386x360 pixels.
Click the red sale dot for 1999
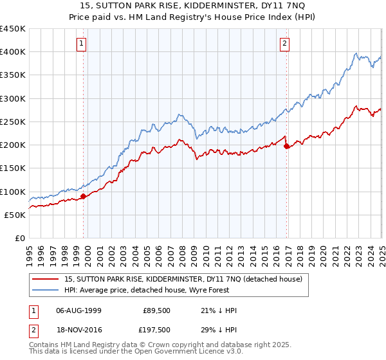coord(83,196)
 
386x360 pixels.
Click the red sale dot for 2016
coord(286,146)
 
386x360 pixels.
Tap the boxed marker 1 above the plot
coord(82,44)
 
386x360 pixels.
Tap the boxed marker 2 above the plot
coord(284,44)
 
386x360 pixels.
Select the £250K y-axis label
coord(13,122)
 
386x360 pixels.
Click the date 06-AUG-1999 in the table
coord(78,310)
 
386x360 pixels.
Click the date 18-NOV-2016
coord(78,330)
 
